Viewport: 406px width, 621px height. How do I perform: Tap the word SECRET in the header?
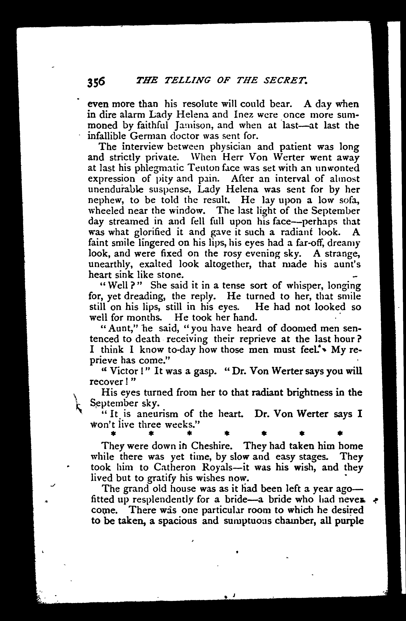click(x=286, y=80)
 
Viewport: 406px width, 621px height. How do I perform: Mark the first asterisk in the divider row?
click(x=113, y=433)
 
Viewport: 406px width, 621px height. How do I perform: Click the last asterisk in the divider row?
click(x=340, y=433)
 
